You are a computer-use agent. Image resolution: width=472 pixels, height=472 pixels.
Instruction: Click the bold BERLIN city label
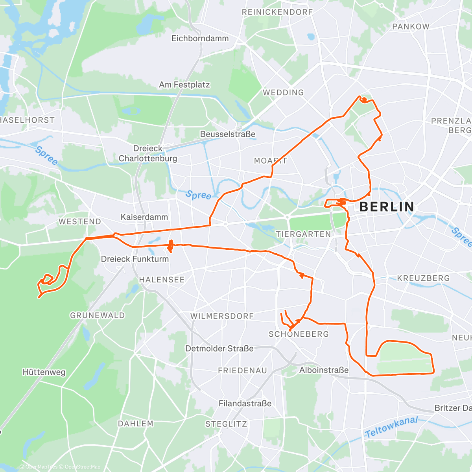click(387, 207)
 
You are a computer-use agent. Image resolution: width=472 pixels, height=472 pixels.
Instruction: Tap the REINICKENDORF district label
click(277, 12)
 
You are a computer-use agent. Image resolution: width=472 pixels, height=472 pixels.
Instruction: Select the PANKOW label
click(411, 27)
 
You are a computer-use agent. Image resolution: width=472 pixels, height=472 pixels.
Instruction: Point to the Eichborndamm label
click(200, 39)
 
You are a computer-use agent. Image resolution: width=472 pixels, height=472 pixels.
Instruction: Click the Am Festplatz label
click(184, 85)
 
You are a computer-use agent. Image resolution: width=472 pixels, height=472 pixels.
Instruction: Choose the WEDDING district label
click(283, 92)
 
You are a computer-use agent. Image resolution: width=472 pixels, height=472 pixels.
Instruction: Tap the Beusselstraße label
click(227, 134)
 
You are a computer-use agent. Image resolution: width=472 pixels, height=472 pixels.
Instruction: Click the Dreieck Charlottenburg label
click(148, 153)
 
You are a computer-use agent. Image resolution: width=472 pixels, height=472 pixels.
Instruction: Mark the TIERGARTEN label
click(303, 234)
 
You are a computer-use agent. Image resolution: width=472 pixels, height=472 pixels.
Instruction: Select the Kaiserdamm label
click(144, 217)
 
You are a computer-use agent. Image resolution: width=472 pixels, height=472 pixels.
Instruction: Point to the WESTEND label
click(80, 222)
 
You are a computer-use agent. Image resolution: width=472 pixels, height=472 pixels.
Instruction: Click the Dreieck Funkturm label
click(135, 259)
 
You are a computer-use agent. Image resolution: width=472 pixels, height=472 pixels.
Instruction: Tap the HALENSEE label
click(162, 280)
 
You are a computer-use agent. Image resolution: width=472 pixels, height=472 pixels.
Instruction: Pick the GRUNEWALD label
click(97, 315)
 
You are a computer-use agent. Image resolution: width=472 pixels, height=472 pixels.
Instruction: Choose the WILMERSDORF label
click(222, 316)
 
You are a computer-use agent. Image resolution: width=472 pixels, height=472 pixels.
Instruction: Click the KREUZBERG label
click(423, 278)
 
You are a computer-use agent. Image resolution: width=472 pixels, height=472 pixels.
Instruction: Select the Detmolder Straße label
click(219, 348)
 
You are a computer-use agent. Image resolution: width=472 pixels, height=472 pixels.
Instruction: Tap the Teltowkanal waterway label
click(391, 427)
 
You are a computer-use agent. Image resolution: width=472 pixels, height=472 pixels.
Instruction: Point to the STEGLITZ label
click(226, 424)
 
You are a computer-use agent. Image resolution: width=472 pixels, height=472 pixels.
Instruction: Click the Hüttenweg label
click(44, 372)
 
